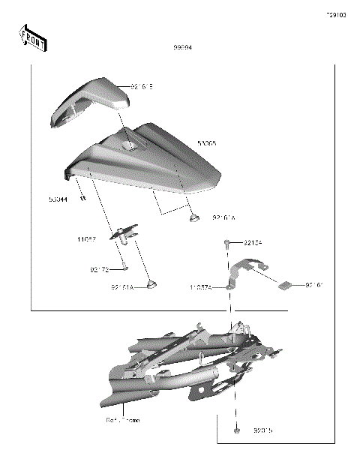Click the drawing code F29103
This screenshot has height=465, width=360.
335,16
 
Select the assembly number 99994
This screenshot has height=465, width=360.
182,47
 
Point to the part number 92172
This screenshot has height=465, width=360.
99,268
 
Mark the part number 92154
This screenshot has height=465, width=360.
253,242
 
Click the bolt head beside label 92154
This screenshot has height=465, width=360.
226,242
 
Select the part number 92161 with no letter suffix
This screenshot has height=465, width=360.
314,286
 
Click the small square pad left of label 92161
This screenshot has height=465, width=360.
285,284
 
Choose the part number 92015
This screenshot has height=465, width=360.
263,431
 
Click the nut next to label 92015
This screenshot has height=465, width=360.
237,431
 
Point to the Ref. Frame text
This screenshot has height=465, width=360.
122,421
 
